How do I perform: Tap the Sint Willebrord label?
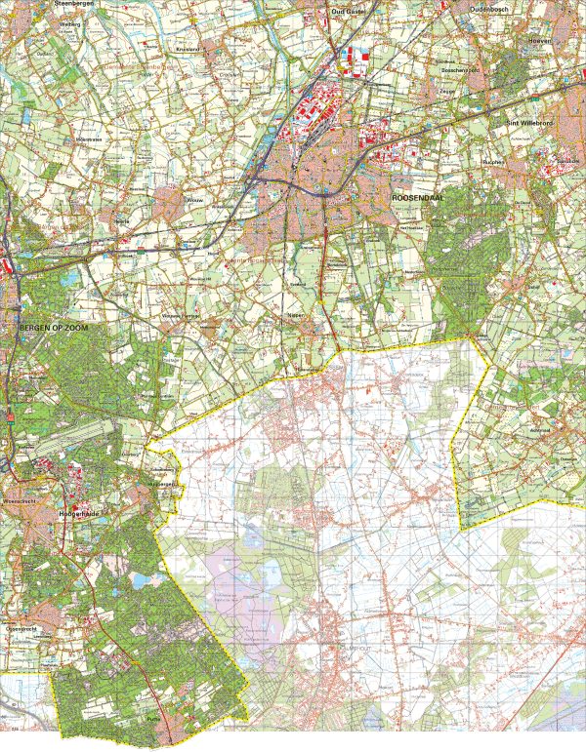(528, 124)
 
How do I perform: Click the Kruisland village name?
(188, 47)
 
